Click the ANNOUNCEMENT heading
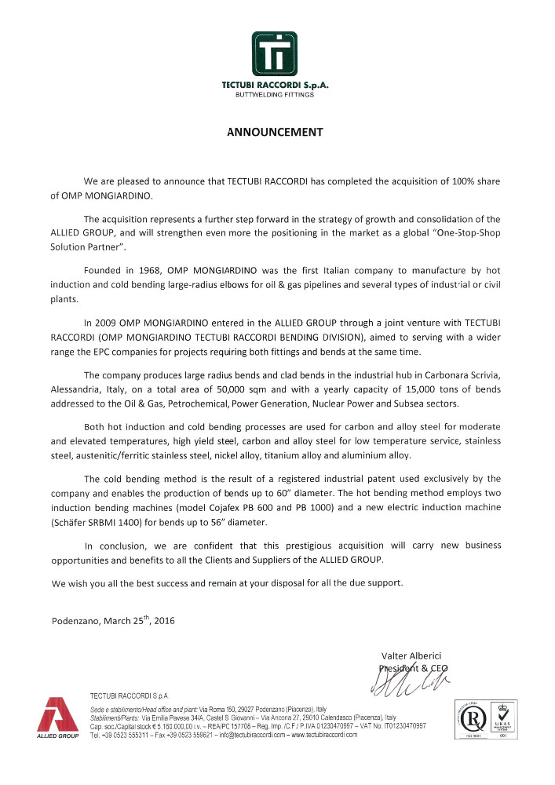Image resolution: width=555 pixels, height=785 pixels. point(275,132)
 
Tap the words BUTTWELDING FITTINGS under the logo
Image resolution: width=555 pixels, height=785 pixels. point(275,95)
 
